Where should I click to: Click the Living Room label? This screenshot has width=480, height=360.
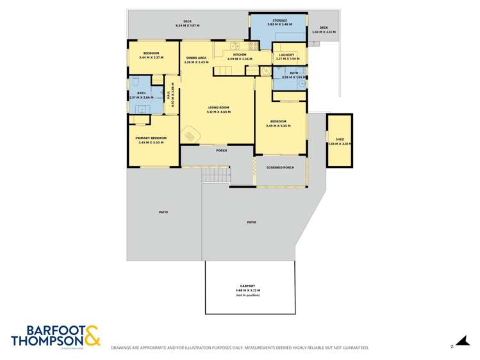pyautogui.click(x=219, y=108)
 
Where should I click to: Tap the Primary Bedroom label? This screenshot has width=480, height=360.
pyautogui.click(x=151, y=138)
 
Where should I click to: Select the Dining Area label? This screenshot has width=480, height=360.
pyautogui.click(x=196, y=58)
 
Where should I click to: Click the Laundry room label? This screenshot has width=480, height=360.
pyautogui.click(x=286, y=55)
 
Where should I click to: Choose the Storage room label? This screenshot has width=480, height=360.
pyautogui.click(x=279, y=20)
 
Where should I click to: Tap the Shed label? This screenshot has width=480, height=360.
pyautogui.click(x=340, y=139)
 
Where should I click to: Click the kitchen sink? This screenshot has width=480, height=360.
pyautogui.click(x=235, y=45)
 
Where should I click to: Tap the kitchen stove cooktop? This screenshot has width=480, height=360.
pyautogui.click(x=253, y=45)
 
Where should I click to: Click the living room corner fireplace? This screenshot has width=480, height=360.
pyautogui.click(x=192, y=136)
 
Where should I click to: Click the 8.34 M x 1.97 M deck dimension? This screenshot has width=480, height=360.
pyautogui.click(x=188, y=26)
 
